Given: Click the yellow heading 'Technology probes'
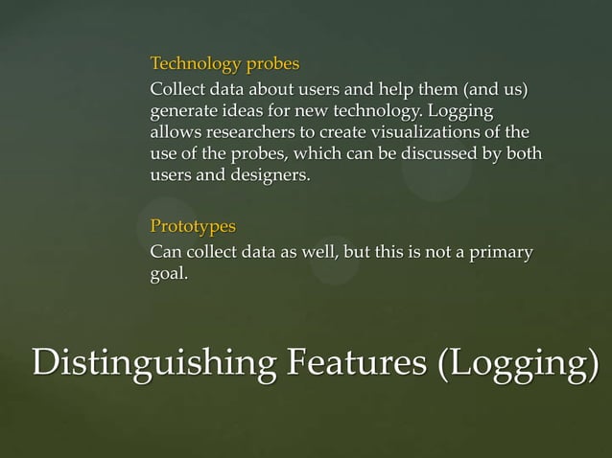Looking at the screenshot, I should [224, 65].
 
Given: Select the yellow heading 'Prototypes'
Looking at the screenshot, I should [193, 227].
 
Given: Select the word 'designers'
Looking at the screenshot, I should [273, 176].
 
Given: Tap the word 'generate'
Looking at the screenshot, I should [184, 112].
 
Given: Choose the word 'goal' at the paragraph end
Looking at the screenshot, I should [167, 275].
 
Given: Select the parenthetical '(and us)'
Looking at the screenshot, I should [497, 91].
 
